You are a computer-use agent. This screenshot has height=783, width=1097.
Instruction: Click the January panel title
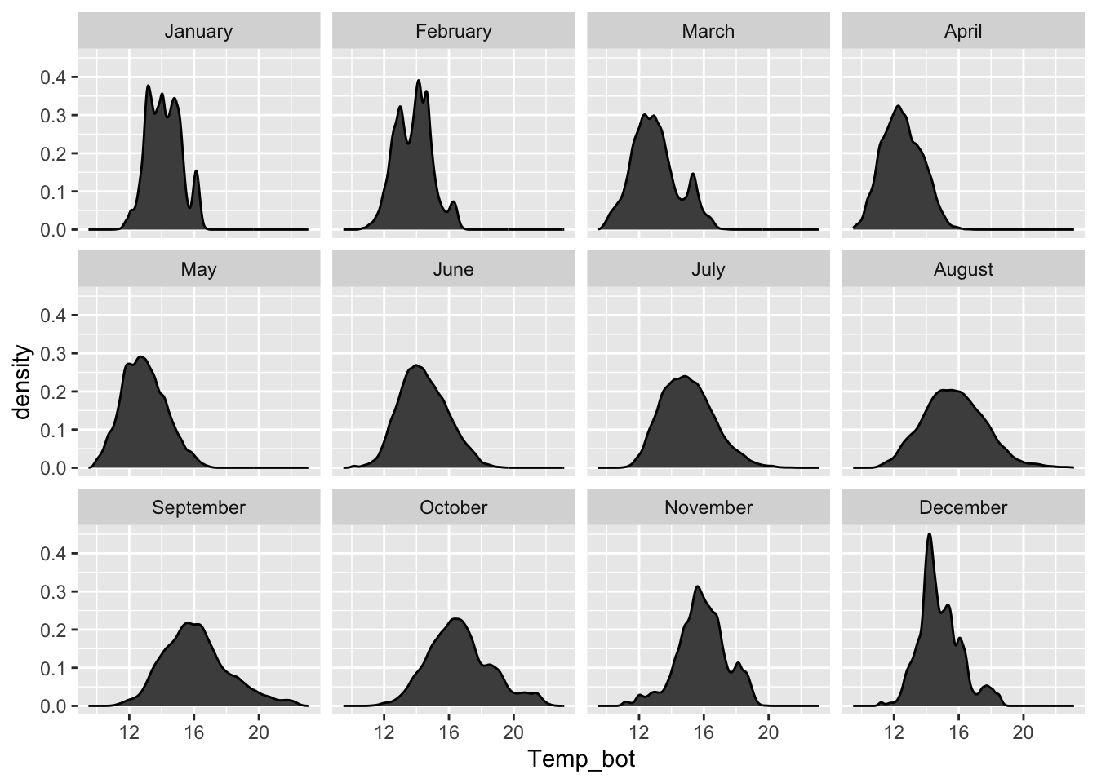pos(198,32)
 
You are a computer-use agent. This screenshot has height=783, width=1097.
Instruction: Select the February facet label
pos(453,32)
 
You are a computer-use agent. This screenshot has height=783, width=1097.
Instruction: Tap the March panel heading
pos(708,32)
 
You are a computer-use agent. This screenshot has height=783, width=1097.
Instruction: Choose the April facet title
pos(963,32)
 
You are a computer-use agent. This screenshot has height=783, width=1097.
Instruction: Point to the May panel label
pos(198,270)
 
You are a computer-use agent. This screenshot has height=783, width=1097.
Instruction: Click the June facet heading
pos(453,270)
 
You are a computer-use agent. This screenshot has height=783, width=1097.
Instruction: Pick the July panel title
pos(708,270)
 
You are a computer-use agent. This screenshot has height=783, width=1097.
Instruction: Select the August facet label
pos(963,270)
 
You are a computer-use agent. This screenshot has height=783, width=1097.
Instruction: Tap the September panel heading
pos(198,508)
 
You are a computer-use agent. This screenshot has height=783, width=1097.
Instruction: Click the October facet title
pos(453,508)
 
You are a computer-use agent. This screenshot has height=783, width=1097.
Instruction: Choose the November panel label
pos(708,508)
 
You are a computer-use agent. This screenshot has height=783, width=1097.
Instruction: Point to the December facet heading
pos(963,508)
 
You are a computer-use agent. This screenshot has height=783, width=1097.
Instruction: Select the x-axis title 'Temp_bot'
pos(581,760)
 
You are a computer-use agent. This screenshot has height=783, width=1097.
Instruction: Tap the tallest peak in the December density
pos(929,534)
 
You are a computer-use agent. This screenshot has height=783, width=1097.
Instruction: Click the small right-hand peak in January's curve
pos(196,172)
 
